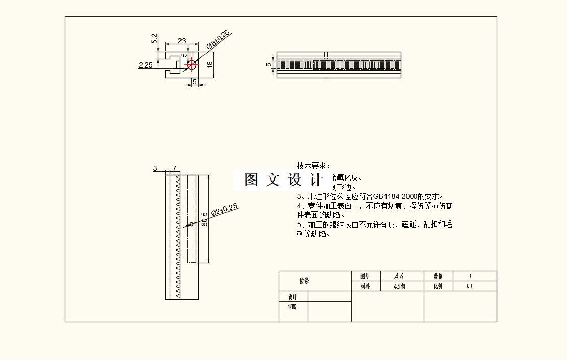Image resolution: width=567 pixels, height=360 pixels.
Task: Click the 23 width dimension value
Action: (x=182, y=41)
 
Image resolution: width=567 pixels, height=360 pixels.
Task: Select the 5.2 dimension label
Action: (x=155, y=39)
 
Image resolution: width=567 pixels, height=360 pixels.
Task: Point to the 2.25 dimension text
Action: (x=146, y=65)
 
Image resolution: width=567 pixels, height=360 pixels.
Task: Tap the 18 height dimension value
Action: (x=209, y=64)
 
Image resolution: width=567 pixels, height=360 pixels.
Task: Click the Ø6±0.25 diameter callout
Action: (x=218, y=40)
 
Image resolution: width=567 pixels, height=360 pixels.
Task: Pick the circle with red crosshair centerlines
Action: (x=192, y=64)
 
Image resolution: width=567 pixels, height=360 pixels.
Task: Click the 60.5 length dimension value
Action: (x=205, y=219)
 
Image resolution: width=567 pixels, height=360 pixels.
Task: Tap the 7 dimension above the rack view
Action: (x=174, y=168)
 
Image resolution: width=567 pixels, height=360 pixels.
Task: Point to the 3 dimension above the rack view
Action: (x=155, y=168)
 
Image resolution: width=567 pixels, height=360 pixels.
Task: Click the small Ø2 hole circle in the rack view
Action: (x=191, y=223)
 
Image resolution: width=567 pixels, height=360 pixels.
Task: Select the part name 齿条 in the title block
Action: (x=305, y=281)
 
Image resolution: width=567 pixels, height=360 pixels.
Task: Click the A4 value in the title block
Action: (x=399, y=276)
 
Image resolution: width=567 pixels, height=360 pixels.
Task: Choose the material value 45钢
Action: (x=399, y=286)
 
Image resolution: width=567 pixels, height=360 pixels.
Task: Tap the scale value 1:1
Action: (x=469, y=286)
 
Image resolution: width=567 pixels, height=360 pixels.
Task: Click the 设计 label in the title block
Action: (x=292, y=297)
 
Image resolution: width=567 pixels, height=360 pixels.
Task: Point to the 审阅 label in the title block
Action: (x=292, y=307)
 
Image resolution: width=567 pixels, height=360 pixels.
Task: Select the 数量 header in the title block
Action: (x=438, y=276)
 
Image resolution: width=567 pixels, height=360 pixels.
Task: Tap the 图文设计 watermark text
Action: (x=283, y=180)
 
